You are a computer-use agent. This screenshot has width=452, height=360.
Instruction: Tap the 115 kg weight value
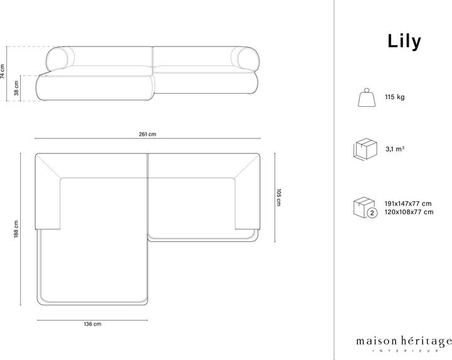pos(394,98)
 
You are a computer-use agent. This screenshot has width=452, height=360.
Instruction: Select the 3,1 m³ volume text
pos(395,150)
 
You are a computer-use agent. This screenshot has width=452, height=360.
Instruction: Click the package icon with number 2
pos(365,208)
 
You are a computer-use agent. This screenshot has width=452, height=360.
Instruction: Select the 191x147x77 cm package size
pos(409,204)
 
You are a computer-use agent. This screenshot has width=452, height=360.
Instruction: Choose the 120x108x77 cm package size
pos(409,212)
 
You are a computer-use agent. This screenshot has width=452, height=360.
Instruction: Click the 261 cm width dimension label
pos(148,134)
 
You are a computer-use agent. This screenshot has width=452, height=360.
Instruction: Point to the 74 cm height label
pos(4,71)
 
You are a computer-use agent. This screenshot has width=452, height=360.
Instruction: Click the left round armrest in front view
pos(60,59)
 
